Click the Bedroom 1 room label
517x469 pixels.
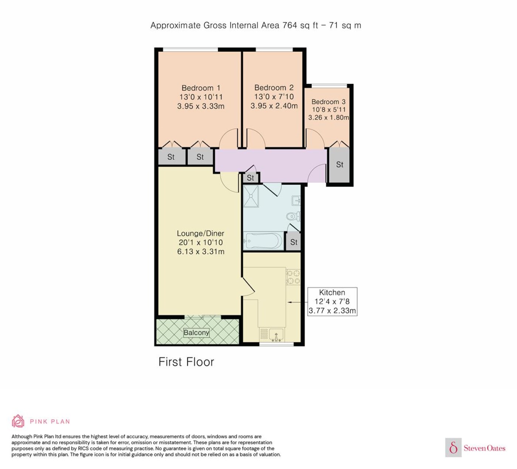(201, 88)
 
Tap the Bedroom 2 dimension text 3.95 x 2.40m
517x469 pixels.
(274, 106)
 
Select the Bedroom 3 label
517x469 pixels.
(328, 102)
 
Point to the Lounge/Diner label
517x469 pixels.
(200, 233)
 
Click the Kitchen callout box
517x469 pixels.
(332, 301)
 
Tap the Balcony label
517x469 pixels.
(196, 333)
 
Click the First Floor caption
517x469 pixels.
(186, 362)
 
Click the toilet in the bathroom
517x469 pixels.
(294, 216)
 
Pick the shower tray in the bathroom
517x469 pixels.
(251, 196)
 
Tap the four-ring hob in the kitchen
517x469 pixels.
(293, 277)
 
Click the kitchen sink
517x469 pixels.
(276, 335)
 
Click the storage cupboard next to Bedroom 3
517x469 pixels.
(339, 165)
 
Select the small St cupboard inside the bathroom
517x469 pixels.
(294, 242)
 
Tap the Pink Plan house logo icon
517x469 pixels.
(18, 421)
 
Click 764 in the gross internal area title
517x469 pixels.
(290, 25)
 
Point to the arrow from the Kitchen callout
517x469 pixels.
(297, 302)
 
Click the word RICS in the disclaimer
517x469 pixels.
(83, 448)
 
